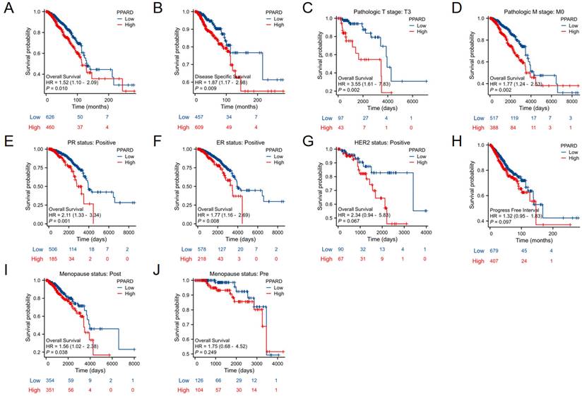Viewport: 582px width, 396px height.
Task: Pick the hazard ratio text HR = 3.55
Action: [363, 83]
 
